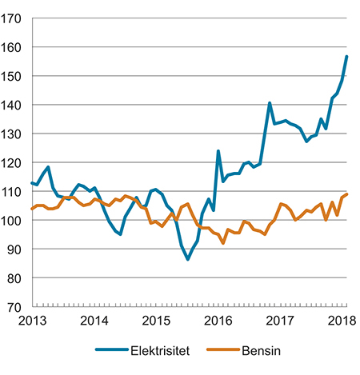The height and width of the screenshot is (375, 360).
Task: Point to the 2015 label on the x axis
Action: [x=157, y=321]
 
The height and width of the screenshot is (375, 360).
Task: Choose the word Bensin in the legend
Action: [x=265, y=350]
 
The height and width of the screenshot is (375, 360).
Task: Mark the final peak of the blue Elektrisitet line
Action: [x=346, y=56]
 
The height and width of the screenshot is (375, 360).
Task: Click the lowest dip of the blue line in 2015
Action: [x=188, y=259]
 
